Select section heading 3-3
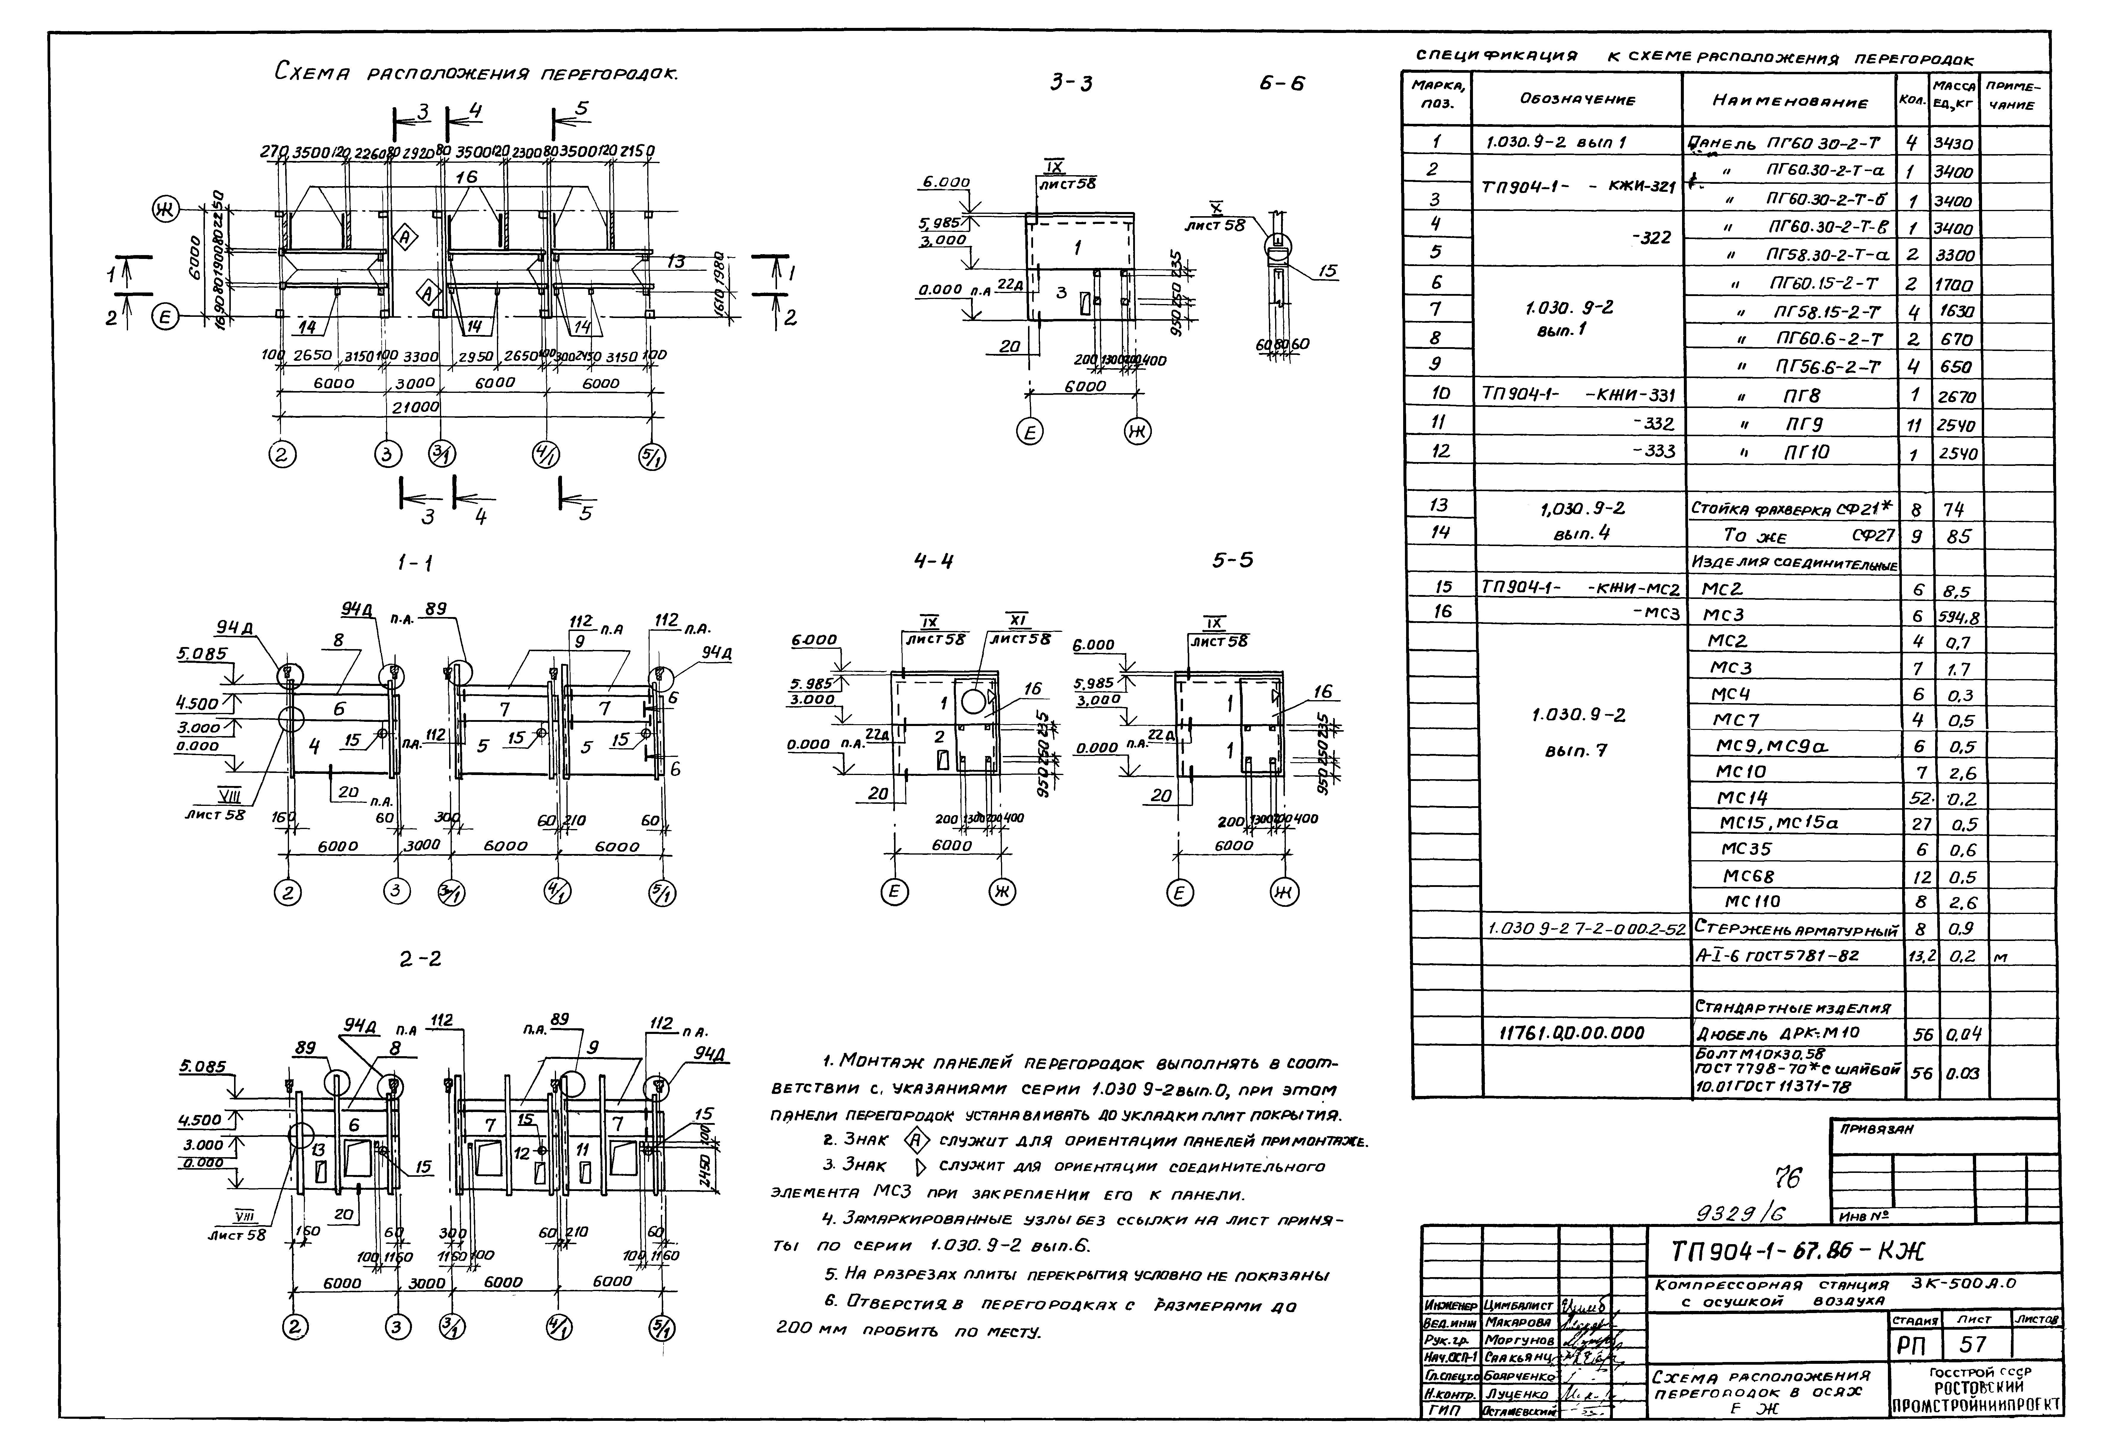click(1071, 84)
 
